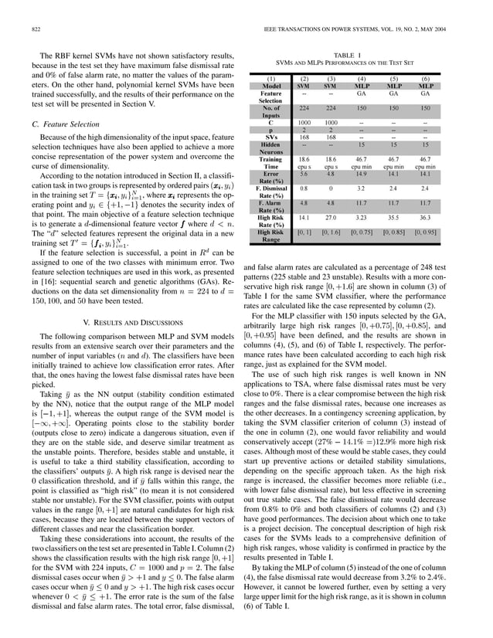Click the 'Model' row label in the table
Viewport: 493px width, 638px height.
coord(270,86)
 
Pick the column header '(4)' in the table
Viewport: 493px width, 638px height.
coord(360,79)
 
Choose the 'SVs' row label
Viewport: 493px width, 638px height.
coord(270,137)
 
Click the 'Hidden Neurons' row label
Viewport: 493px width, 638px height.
coord(270,148)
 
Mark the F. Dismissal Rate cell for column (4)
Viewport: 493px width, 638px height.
coord(360,188)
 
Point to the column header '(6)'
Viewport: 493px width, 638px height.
coord(424,79)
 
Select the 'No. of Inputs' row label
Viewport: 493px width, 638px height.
coord(270,111)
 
